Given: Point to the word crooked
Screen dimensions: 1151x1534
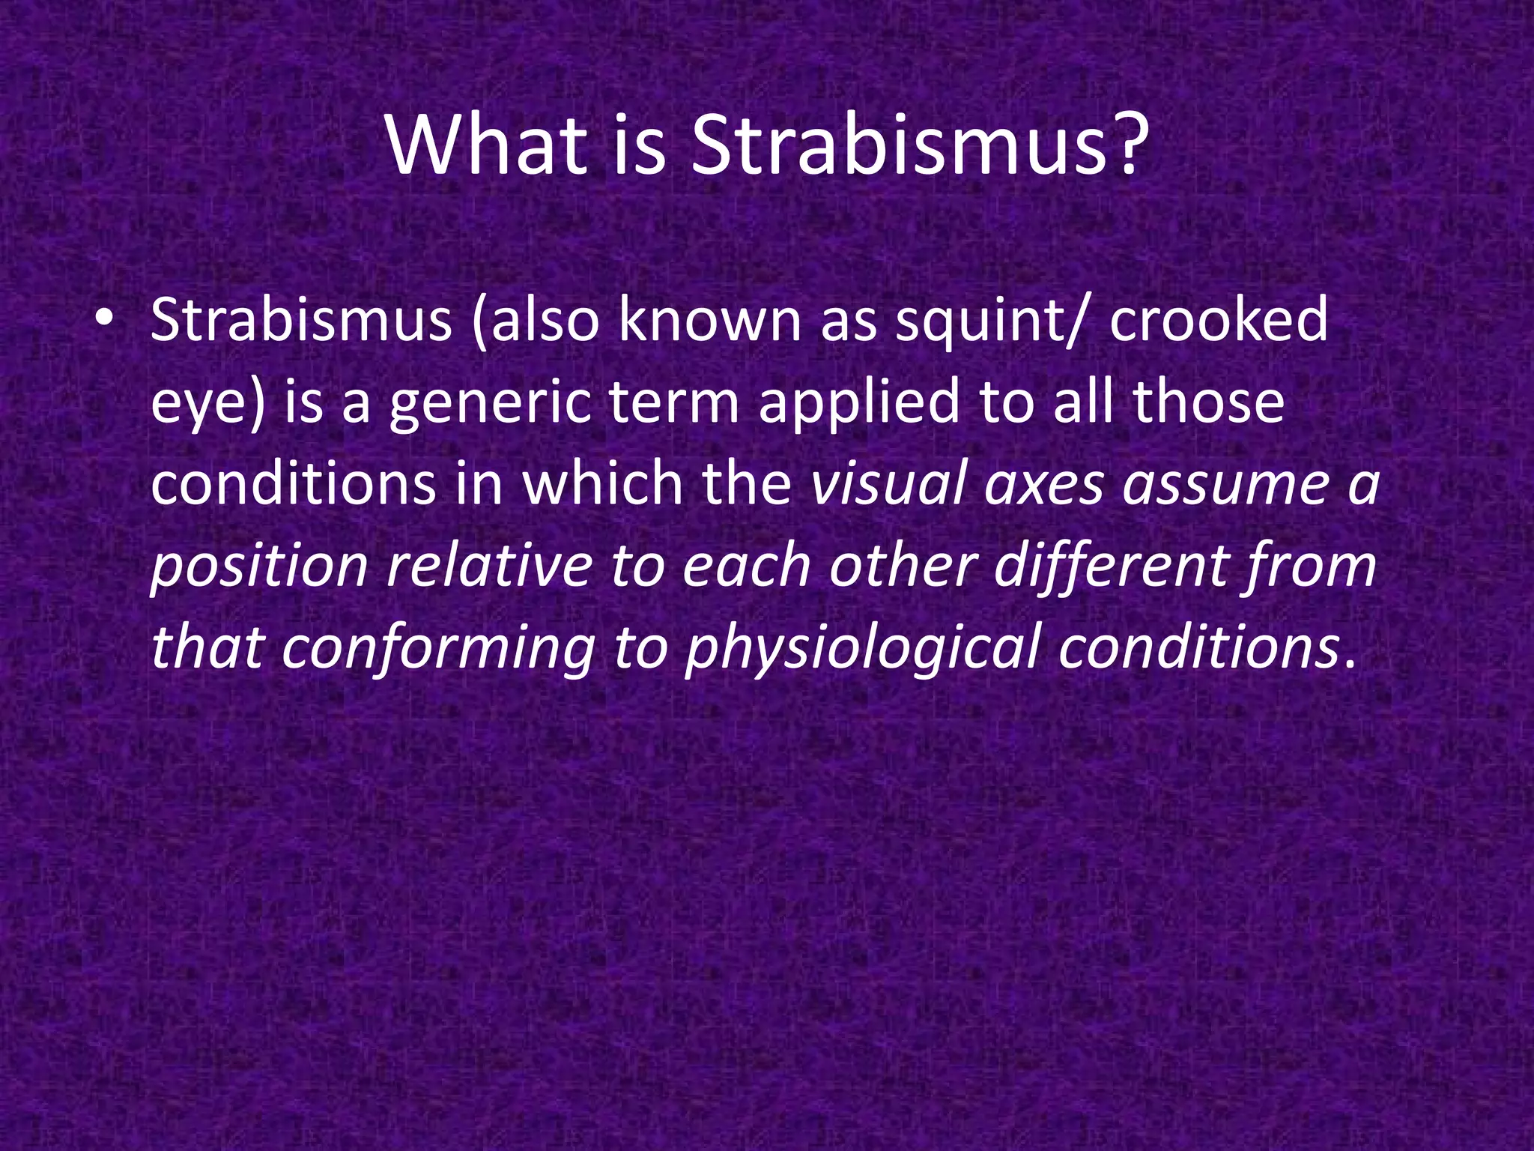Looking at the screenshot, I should point(1219,320).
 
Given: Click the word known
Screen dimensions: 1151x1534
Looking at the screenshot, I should point(709,320).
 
